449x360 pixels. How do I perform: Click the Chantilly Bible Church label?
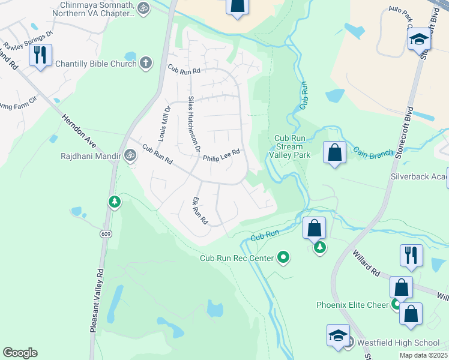(96, 63)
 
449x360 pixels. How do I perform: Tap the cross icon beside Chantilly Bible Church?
(146, 63)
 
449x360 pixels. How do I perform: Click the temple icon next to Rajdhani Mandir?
(130, 156)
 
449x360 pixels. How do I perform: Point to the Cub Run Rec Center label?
(237, 258)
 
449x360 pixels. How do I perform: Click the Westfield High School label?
(399, 343)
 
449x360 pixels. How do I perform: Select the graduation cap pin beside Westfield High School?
(338, 335)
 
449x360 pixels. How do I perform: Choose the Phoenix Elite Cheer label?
(353, 305)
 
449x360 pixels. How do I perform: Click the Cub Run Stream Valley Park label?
(292, 146)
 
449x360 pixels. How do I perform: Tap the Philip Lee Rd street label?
(221, 155)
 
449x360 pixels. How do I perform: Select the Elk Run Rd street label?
(199, 211)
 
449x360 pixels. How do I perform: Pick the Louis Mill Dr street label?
(164, 124)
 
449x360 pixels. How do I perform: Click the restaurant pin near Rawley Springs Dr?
(40, 55)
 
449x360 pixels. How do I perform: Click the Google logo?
(20, 353)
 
